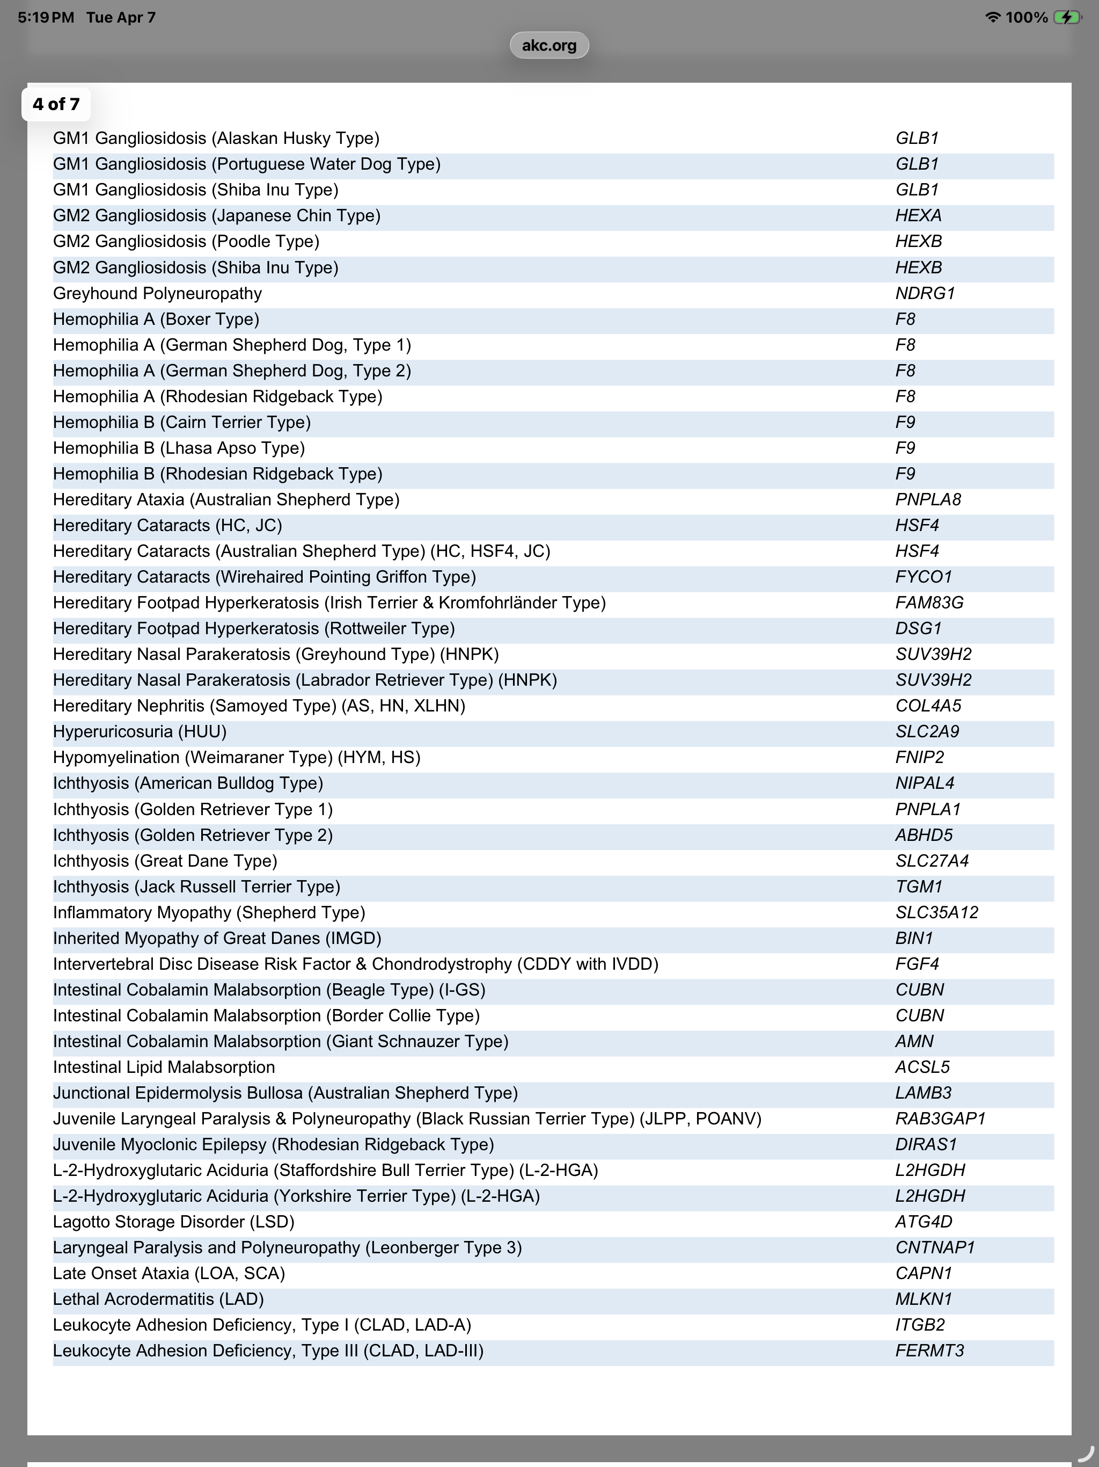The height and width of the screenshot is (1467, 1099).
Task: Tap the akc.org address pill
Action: coord(549,45)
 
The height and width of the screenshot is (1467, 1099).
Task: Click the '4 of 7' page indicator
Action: coord(56,104)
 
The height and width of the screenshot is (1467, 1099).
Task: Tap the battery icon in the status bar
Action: coord(1067,18)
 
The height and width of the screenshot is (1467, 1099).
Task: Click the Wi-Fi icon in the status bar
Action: coord(992,18)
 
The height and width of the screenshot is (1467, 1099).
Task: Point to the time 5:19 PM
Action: coord(46,18)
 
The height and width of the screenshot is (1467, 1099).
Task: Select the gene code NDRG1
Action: coord(925,293)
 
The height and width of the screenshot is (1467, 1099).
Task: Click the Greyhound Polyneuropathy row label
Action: coord(157,293)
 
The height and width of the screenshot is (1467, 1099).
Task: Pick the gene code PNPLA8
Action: coord(928,499)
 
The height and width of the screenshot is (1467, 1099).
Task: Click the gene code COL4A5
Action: coord(928,706)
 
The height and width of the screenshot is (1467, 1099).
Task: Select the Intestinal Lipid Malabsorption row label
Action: coord(164,1067)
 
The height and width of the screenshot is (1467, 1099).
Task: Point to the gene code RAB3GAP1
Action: coord(941,1119)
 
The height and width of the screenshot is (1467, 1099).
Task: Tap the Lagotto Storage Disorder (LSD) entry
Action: coord(174,1222)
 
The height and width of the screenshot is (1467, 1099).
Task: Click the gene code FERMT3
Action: coord(929,1351)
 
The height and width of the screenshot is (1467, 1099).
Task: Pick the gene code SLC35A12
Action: coord(936,912)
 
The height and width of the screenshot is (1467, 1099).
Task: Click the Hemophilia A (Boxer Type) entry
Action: coord(156,319)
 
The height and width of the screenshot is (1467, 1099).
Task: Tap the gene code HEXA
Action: coord(918,215)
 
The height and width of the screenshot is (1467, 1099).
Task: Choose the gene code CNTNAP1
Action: coord(935,1247)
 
